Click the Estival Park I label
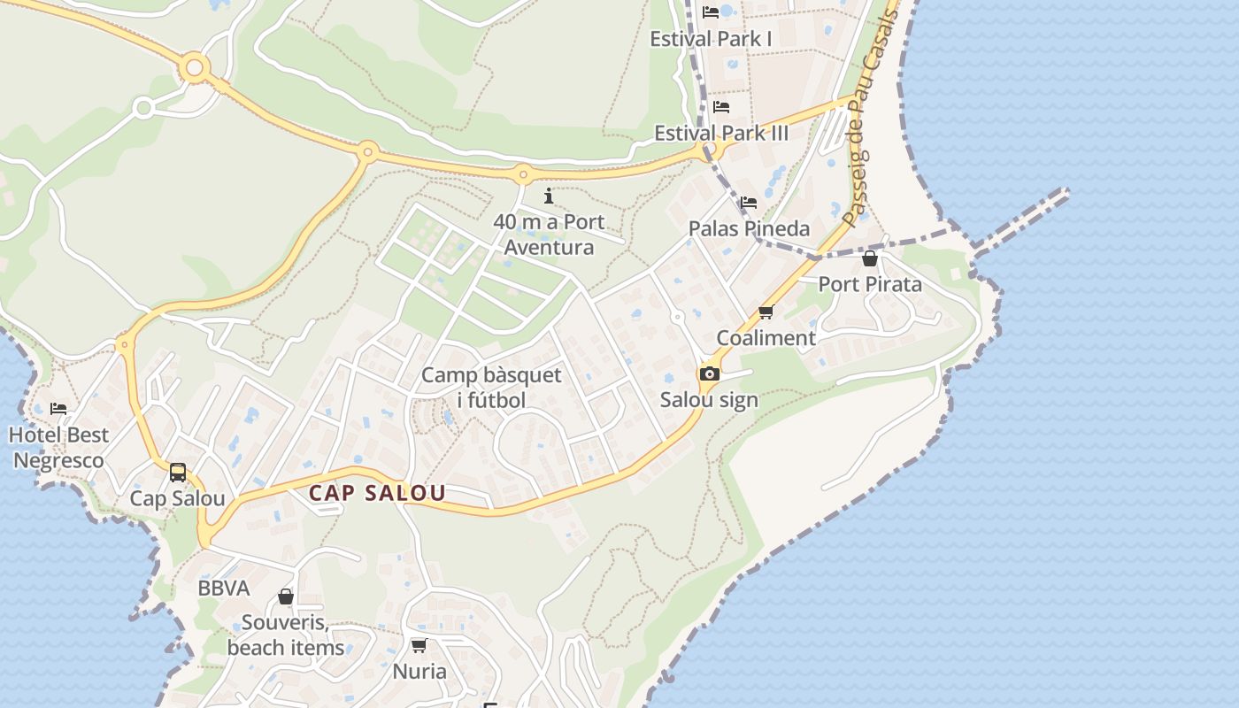pos(711,39)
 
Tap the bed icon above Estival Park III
pos(721,107)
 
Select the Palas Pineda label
pos(749,228)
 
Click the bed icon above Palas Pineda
pos(749,203)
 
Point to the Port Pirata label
pos(870,284)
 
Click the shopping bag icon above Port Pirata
pos(870,258)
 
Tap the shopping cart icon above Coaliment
pos(766,312)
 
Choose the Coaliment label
pos(766,338)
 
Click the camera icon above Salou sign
pos(709,374)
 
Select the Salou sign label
pos(709,400)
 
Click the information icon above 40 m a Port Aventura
pos(549,196)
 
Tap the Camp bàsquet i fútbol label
pos(491,388)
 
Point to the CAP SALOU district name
pos(377,494)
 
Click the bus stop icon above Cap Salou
pos(178,473)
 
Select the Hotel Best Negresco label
pos(59,448)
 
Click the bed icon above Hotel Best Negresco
pos(58,409)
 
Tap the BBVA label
pos(223,589)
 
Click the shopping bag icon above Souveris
pos(286,597)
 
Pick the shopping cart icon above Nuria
pos(419,646)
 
